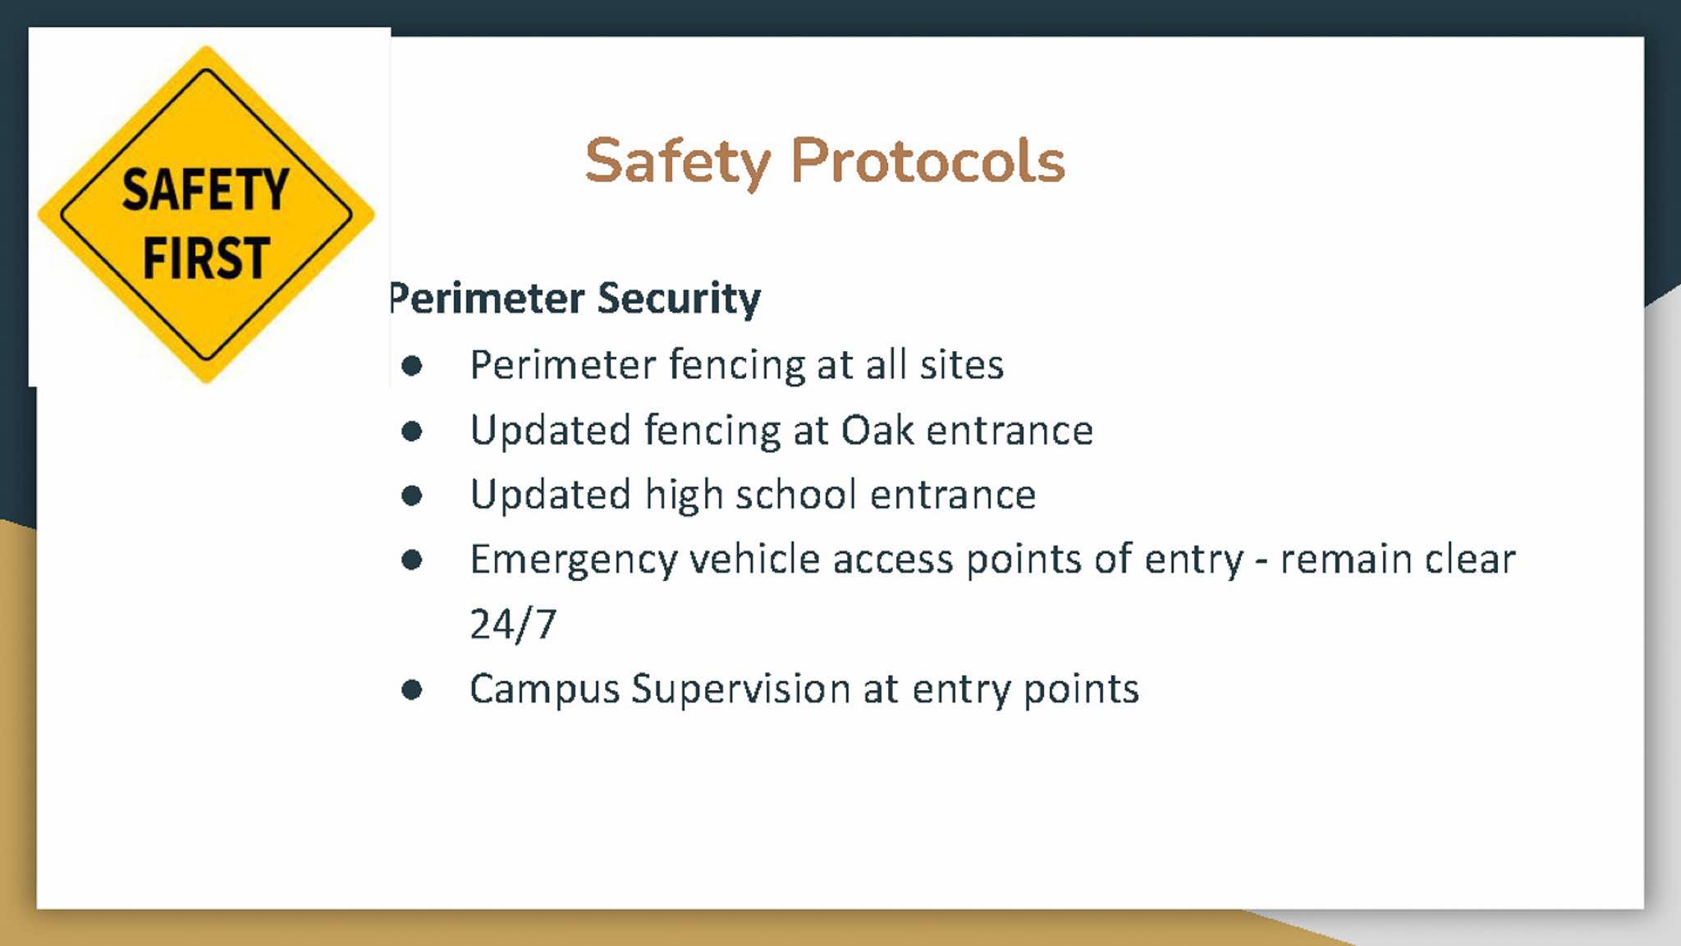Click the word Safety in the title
pyautogui.click(x=678, y=162)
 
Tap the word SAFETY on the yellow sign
pyautogui.click(x=205, y=190)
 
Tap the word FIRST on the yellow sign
pyautogui.click(x=206, y=258)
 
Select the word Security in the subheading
pyautogui.click(x=679, y=299)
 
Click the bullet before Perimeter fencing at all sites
pyautogui.click(x=412, y=366)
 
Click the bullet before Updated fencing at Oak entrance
pyautogui.click(x=412, y=431)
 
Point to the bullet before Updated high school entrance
pyautogui.click(x=412, y=496)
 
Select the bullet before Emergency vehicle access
pyautogui.click(x=412, y=560)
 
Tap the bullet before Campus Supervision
pyautogui.click(x=412, y=690)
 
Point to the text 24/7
pyautogui.click(x=513, y=624)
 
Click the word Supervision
pyautogui.click(x=741, y=689)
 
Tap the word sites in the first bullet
pyautogui.click(x=961, y=365)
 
